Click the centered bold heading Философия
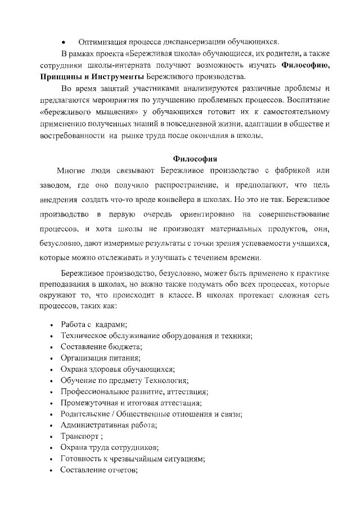(194, 157)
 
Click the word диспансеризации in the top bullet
(191, 42)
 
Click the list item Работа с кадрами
(94, 325)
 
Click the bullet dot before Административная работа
(52, 425)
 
